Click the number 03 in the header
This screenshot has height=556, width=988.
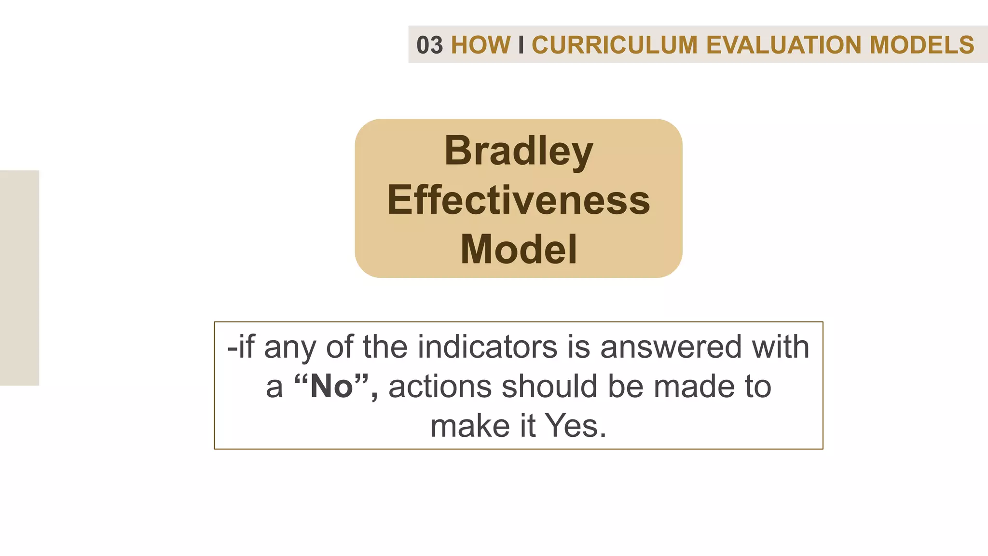429,45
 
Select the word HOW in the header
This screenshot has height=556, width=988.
480,45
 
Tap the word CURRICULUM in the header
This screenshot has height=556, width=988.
615,45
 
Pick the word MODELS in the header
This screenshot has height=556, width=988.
922,45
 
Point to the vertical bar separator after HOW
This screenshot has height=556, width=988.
521,45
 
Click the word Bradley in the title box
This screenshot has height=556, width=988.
519,151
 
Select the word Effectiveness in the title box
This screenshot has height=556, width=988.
519,200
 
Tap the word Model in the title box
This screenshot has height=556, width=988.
519,250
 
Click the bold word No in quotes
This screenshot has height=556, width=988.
332,387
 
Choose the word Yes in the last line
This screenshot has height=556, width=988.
575,426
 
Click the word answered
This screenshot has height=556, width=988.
671,347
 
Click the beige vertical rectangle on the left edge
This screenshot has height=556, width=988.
19,278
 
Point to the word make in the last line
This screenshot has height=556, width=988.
470,426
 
